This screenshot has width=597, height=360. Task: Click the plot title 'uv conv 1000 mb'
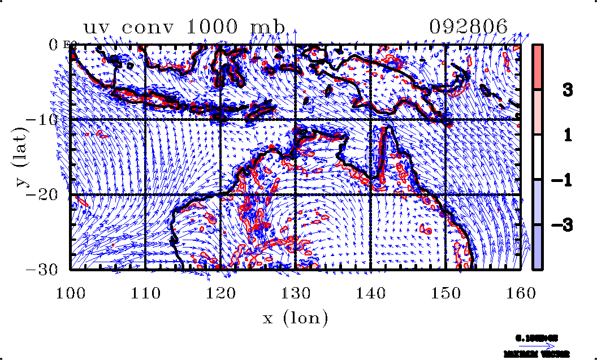(x=184, y=27)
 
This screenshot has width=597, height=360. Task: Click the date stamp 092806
(x=468, y=27)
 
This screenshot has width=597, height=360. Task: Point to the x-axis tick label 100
(x=70, y=292)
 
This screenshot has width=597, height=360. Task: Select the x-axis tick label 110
(x=145, y=292)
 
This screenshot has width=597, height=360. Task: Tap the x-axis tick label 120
(x=220, y=292)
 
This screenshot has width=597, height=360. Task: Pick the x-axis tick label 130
(x=296, y=292)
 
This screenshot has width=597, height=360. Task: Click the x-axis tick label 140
(x=371, y=292)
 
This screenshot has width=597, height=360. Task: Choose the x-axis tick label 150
(x=446, y=292)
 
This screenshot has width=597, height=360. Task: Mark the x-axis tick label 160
(x=521, y=292)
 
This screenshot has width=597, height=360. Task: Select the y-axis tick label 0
(x=54, y=45)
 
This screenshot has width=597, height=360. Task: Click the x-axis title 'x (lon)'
(x=295, y=318)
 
